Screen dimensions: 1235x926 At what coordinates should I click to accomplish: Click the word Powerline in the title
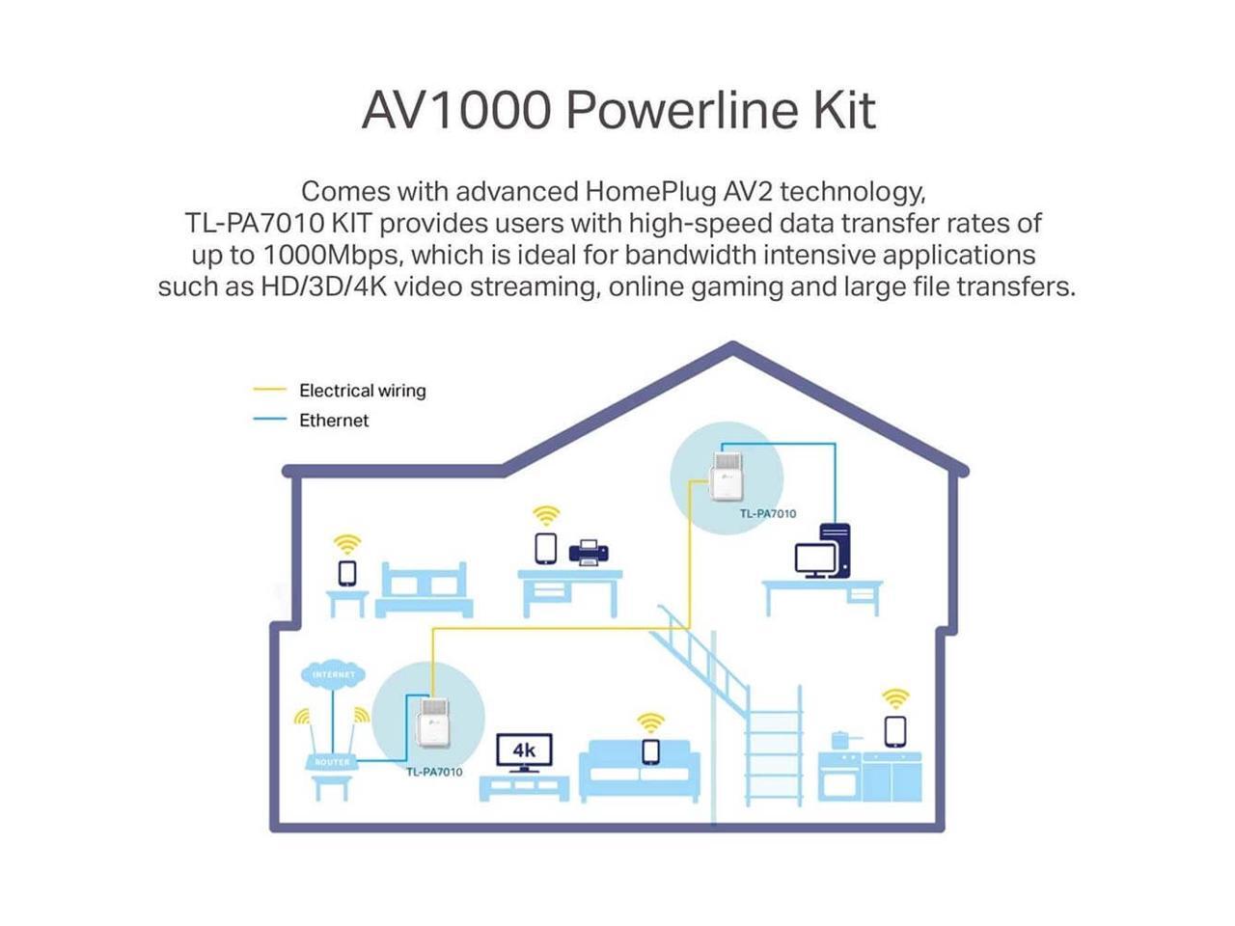[681, 111]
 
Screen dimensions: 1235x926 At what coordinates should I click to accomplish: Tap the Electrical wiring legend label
[363, 391]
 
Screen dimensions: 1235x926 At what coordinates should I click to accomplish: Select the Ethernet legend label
[334, 420]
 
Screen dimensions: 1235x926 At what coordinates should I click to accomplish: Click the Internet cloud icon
[333, 674]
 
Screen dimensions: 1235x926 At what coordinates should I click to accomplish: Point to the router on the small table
[332, 761]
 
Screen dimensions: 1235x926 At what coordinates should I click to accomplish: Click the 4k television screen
[524, 750]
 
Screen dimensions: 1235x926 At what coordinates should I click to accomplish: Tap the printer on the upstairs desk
[588, 552]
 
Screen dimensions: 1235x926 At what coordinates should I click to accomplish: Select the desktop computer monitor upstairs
[814, 559]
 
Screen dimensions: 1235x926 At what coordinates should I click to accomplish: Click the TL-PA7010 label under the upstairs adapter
[767, 513]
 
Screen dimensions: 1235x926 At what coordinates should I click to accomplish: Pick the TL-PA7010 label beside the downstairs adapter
[434, 772]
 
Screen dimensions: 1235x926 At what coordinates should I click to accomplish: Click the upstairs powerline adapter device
[726, 476]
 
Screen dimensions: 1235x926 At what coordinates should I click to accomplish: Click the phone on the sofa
[650, 751]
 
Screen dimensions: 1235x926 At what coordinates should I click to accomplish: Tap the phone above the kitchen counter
[895, 731]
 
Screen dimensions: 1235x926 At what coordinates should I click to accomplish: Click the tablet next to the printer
[545, 548]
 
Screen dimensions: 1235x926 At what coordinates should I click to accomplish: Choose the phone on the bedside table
[347, 573]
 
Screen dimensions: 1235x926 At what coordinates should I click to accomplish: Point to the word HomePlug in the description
[650, 192]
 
